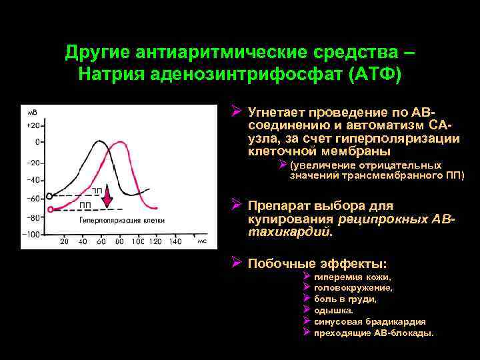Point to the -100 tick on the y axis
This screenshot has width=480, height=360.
tap(32, 234)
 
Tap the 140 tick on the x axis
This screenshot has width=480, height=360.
tap(175, 241)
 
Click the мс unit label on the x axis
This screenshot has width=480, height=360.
tap(201, 241)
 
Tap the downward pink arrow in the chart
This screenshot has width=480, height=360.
tap(109, 199)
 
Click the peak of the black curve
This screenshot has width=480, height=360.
tap(100, 141)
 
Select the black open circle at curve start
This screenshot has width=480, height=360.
tap(49, 196)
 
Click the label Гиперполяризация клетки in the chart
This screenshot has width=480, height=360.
tap(122, 221)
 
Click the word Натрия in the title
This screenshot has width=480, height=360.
tap(110, 72)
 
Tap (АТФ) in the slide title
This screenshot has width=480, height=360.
tap(373, 72)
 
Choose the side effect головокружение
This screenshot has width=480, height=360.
tap(353, 288)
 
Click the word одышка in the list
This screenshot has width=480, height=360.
tap(333, 310)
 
